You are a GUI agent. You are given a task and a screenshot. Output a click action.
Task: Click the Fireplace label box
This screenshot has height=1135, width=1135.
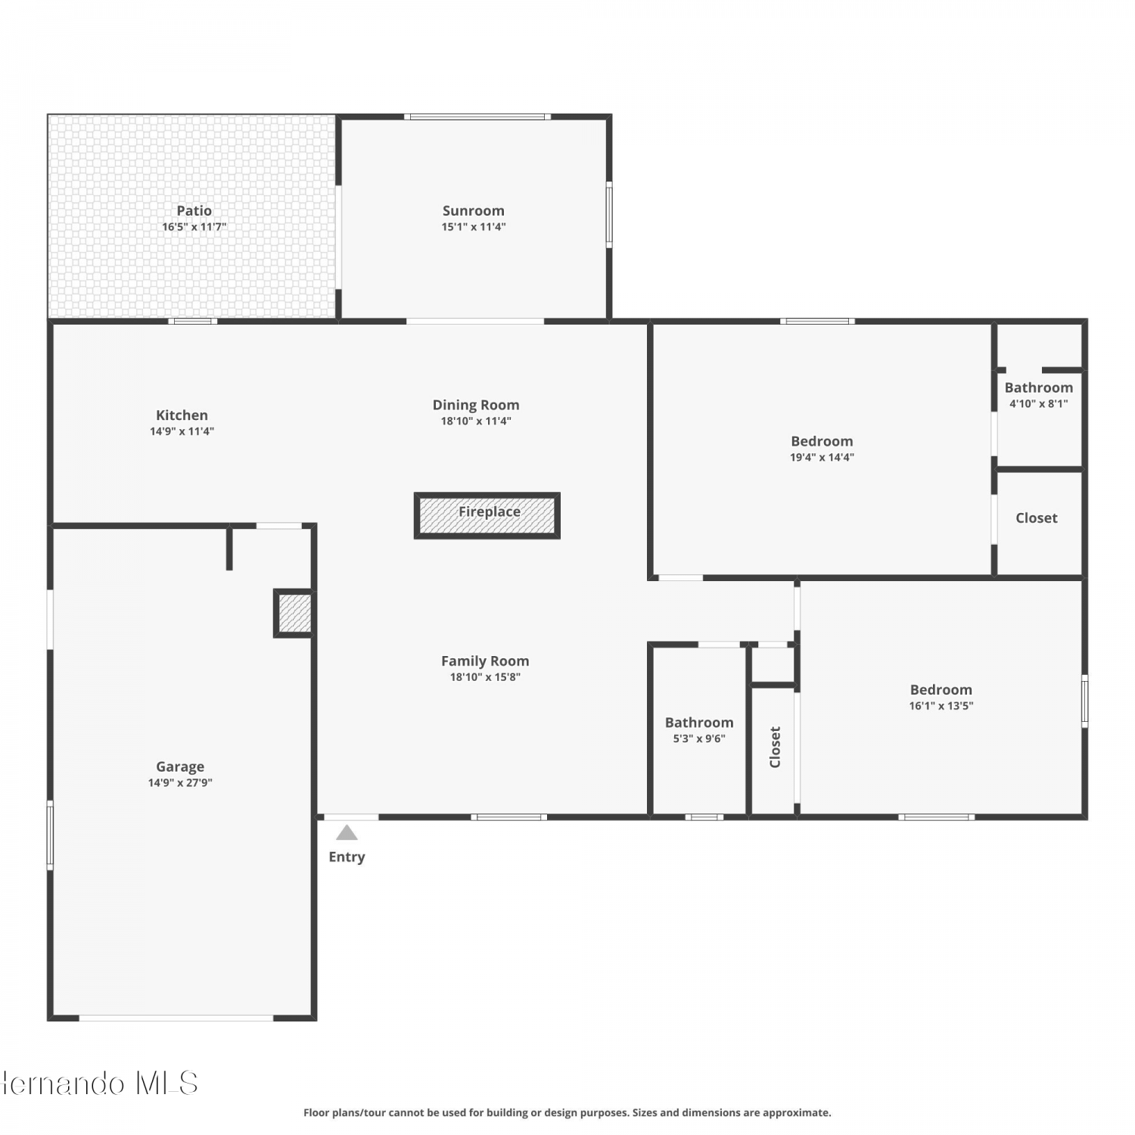487,515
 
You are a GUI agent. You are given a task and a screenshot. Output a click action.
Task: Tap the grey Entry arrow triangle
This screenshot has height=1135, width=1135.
347,832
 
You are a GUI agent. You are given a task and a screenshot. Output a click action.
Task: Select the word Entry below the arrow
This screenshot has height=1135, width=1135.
347,857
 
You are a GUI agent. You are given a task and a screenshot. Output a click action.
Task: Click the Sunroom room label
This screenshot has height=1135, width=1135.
474,210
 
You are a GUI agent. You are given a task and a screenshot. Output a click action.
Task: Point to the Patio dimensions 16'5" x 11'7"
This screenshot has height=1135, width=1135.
194,226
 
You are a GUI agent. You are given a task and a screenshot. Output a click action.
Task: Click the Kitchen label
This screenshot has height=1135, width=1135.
182,415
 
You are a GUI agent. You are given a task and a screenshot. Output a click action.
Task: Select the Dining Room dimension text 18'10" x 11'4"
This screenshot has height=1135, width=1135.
476,421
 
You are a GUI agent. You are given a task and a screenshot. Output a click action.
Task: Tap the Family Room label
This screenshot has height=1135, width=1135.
485,661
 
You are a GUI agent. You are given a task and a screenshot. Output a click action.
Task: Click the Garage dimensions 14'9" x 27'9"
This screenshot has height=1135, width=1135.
180,782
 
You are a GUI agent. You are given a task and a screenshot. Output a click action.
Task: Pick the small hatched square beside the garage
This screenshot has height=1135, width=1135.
294,613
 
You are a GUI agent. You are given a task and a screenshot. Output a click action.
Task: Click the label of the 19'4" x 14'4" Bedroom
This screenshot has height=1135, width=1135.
822,441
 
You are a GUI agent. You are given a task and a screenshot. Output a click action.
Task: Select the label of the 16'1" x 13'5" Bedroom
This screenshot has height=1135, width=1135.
941,689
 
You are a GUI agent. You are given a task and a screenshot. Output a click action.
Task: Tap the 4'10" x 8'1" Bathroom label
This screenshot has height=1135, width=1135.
1039,387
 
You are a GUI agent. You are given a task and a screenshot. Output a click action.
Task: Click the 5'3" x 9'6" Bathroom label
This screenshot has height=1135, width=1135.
699,723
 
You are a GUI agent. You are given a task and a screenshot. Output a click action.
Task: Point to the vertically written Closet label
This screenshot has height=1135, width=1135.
775,747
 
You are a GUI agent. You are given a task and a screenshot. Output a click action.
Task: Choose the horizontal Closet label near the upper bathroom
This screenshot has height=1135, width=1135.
1037,518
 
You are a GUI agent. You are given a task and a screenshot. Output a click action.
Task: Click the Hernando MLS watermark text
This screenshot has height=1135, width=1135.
99,1083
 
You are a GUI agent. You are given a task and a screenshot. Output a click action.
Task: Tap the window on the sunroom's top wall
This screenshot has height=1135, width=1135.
477,117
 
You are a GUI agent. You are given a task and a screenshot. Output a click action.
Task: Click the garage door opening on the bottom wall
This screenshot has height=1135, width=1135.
176,1018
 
